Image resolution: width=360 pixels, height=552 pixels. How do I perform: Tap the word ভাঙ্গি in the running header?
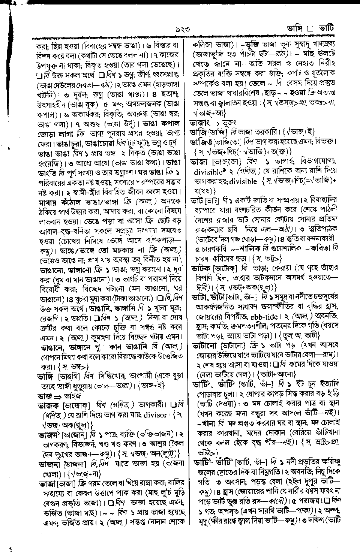[x=296, y=28]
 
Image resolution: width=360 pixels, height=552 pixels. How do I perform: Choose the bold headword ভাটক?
[x=202, y=268]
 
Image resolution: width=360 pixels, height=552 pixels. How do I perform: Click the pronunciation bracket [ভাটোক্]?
[x=226, y=268]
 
